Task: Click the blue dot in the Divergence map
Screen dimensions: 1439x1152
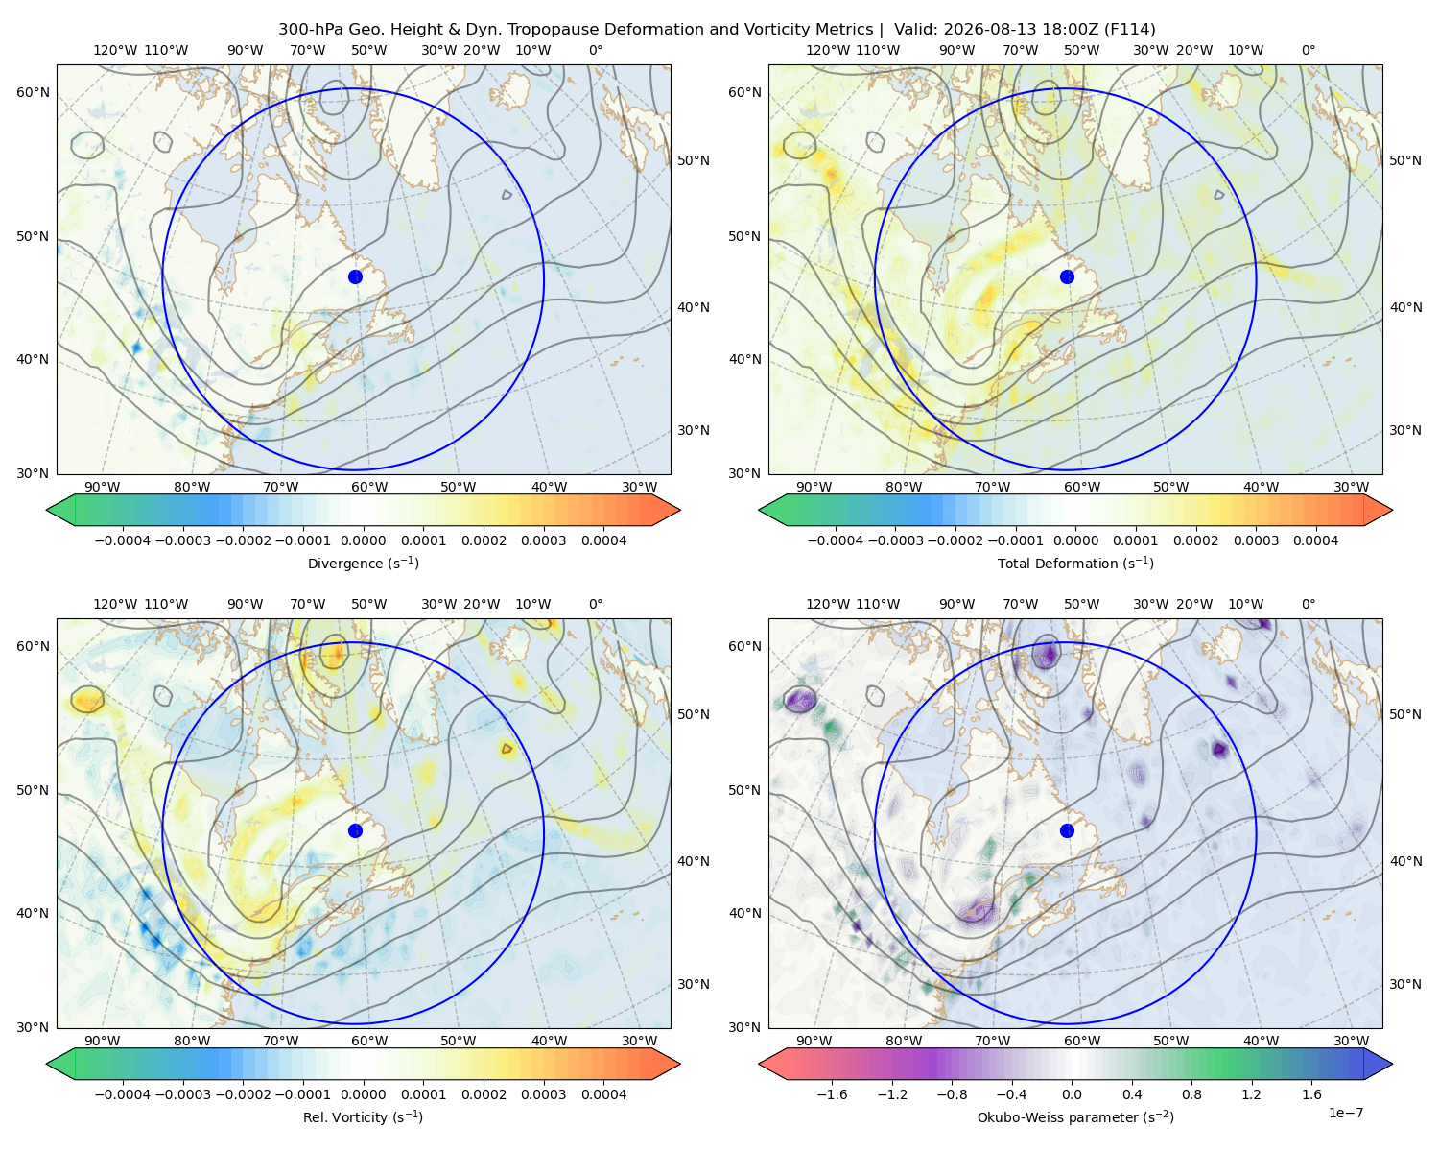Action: [355, 276]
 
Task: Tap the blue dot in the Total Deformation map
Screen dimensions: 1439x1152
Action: [1067, 276]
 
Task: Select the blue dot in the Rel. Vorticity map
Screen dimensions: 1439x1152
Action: [355, 830]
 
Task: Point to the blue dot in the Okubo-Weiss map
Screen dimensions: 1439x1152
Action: [1067, 830]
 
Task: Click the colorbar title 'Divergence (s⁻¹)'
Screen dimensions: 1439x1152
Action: [363, 563]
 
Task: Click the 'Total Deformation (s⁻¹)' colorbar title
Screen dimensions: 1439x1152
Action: [1075, 563]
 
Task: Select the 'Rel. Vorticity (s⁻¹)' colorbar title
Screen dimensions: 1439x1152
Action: [363, 1117]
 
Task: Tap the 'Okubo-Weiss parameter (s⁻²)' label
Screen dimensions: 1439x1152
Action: [1075, 1117]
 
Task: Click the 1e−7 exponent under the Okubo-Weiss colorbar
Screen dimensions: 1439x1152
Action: [1345, 1113]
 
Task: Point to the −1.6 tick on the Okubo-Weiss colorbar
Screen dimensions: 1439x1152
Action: [832, 1094]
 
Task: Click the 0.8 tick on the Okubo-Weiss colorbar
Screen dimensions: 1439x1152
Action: [1191, 1094]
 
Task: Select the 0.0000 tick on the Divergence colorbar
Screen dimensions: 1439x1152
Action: [363, 540]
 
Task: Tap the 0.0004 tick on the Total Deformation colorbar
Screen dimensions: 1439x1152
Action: [1316, 540]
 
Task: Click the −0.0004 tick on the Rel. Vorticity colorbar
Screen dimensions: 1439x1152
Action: [123, 1094]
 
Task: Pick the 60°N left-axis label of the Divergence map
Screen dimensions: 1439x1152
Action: [33, 92]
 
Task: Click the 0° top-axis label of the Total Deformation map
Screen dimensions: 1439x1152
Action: [1308, 50]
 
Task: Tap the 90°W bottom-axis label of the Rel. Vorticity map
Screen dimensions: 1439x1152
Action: [103, 1041]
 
